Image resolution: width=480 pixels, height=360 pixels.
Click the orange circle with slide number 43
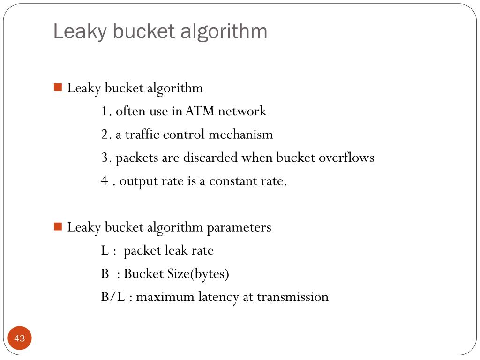[x=20, y=338]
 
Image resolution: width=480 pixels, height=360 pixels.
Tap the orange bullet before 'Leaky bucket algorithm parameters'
[x=58, y=227]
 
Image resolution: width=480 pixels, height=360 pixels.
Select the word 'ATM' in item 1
[x=200, y=111]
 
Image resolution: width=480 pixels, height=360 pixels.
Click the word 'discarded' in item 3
[x=210, y=157]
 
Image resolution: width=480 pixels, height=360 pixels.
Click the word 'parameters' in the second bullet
[x=239, y=227]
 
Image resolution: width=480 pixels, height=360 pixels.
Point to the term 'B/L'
[x=113, y=297]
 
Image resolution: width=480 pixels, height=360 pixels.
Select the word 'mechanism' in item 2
[x=240, y=135]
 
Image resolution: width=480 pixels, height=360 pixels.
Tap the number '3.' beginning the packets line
[x=106, y=157]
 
